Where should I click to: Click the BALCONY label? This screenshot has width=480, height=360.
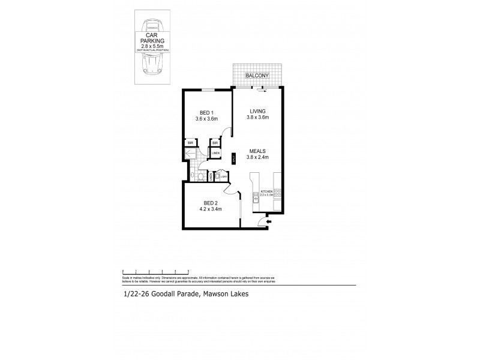coord(257,76)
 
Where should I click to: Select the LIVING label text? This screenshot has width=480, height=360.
coord(257,110)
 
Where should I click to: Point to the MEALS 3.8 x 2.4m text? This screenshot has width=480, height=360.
coord(257,158)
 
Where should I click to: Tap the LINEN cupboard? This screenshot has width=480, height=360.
coord(215,154)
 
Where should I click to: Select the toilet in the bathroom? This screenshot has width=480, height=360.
coord(193,175)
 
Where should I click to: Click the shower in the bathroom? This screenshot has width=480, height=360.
coord(190,154)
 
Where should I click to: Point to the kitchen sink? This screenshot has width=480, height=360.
coord(256,197)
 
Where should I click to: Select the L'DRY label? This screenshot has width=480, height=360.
coord(223,176)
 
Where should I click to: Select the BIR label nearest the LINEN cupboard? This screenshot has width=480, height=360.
coord(214,143)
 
